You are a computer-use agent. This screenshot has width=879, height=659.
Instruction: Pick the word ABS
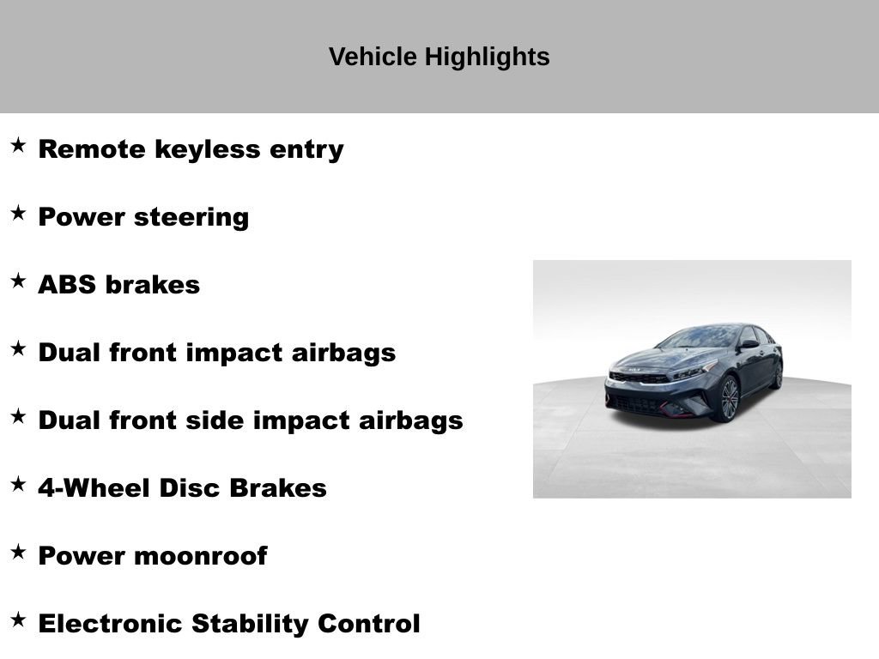coord(67,285)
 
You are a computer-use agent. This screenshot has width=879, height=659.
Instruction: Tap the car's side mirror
coord(749,344)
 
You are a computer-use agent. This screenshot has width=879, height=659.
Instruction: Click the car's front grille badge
coord(634,371)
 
